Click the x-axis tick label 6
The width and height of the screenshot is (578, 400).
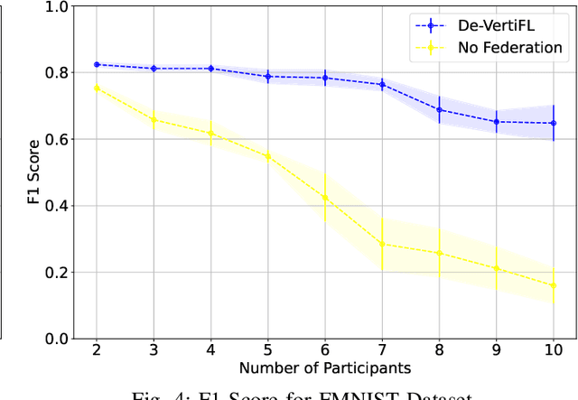click(325, 349)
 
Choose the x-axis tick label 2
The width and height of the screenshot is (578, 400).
click(97, 349)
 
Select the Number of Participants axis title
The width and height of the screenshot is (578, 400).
click(325, 368)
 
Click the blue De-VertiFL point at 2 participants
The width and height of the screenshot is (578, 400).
click(97, 65)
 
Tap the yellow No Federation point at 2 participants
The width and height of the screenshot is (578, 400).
click(97, 88)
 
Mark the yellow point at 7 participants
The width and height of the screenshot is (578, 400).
click(382, 244)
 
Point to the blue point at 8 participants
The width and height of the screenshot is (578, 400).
click(439, 109)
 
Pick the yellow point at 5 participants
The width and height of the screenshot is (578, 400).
click(268, 155)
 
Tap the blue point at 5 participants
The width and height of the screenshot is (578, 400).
click(268, 77)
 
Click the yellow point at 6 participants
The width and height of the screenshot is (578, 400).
click(325, 198)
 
